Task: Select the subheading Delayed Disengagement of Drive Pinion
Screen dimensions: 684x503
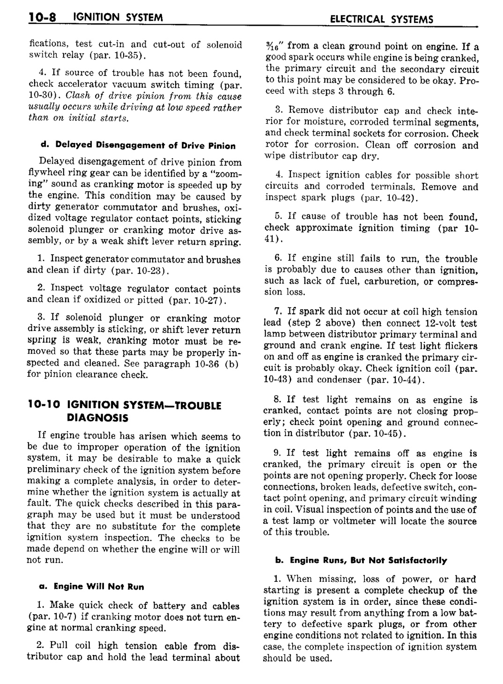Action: [x=143, y=145]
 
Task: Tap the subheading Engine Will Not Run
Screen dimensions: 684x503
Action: [x=99, y=587]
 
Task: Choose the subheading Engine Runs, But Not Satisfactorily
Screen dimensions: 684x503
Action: [x=368, y=560]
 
